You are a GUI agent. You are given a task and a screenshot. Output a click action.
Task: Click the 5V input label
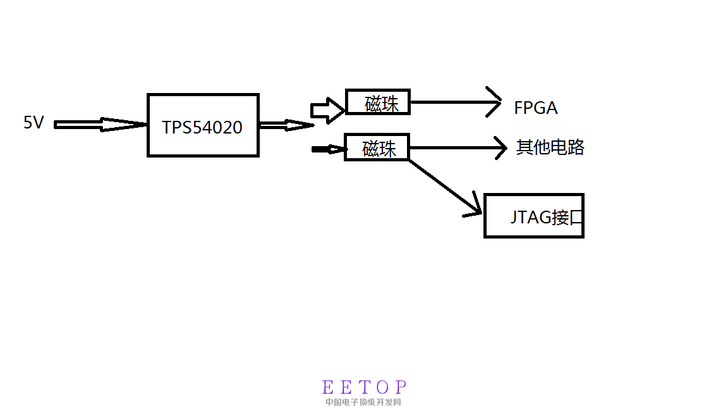pos(33,122)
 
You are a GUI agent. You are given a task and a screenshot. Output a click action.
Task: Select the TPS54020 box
pos(203,125)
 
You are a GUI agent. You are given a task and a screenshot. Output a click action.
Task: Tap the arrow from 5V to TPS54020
pos(101,125)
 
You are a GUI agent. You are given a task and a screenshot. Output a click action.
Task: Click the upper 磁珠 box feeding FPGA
pos(378,102)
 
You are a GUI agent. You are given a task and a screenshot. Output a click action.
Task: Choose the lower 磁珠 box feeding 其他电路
pos(377,147)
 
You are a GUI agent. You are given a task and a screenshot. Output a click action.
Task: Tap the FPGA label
pos(535,108)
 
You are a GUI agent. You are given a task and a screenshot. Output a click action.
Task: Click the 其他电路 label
pos(550,147)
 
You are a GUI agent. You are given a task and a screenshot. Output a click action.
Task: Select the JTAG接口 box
pos(533,216)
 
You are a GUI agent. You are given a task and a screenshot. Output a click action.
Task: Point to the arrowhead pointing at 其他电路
pos(502,148)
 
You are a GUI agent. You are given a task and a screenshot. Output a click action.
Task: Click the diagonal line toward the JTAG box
pos(442,184)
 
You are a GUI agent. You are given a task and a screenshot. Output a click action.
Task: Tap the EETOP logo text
pos(365,387)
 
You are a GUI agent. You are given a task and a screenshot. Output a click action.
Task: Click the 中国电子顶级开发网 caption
pos(363,402)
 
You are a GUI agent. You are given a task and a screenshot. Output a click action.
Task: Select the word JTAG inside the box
pos(530,218)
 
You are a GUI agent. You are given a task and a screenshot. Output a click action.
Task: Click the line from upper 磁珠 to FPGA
pos(449,102)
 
